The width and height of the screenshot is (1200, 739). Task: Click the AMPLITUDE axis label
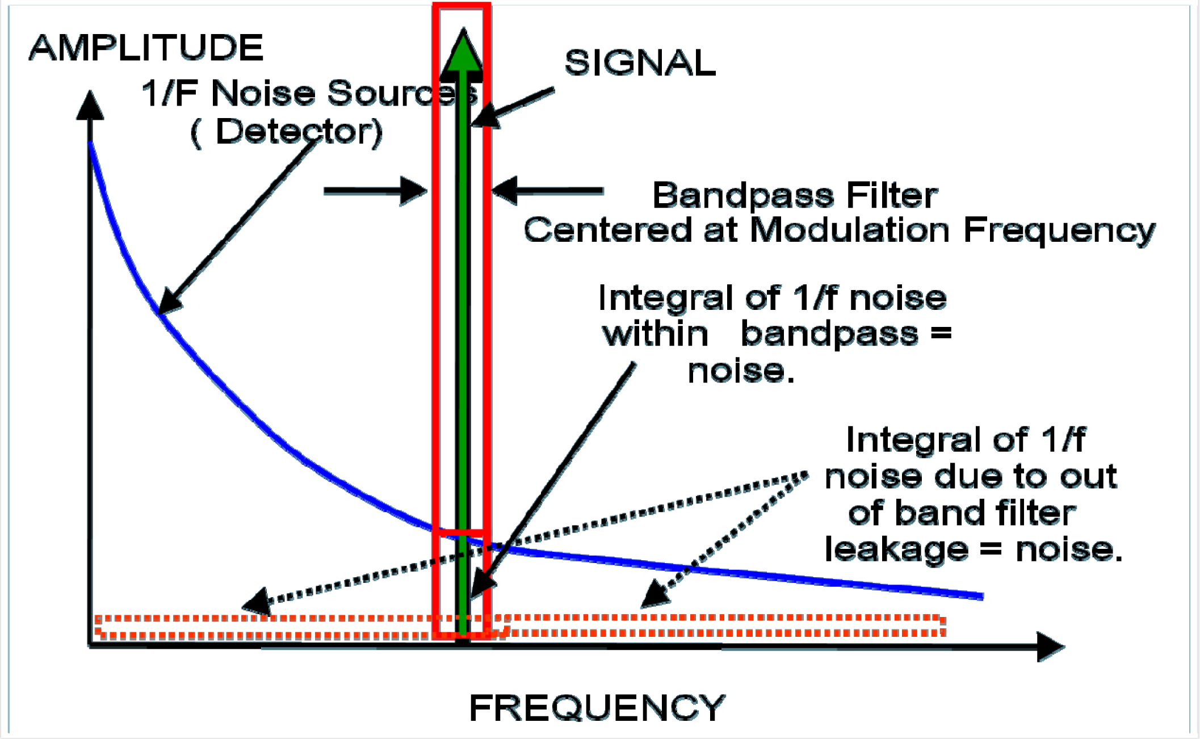click(146, 48)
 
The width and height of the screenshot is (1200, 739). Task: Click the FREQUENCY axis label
click(597, 708)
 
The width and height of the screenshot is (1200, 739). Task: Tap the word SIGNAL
click(640, 62)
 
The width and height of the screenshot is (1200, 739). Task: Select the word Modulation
click(849, 230)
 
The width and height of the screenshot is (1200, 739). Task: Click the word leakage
click(896, 549)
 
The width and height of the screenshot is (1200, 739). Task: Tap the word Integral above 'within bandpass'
click(665, 298)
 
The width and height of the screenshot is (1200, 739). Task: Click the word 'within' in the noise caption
click(656, 334)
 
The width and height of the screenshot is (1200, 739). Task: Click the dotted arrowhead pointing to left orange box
click(258, 601)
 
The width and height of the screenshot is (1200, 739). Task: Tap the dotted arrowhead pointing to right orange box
click(656, 594)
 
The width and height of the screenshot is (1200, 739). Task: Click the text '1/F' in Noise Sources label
click(169, 93)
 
